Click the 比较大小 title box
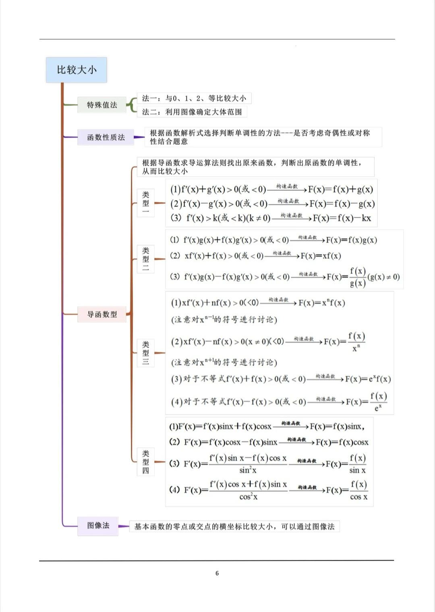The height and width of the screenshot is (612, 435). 77,70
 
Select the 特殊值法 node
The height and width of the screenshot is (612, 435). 102,105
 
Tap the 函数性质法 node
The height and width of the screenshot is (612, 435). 106,138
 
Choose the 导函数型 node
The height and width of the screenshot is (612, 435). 102,314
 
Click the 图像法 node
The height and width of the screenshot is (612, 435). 98,525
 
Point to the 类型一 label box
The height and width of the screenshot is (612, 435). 146,203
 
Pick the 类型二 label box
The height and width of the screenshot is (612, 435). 146,259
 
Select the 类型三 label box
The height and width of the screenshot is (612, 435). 146,353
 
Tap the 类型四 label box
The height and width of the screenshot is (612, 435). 146,462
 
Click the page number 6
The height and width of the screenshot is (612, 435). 217,573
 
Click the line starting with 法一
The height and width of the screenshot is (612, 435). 194,98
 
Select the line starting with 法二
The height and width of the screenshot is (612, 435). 192,112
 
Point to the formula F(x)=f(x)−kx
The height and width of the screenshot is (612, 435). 342,218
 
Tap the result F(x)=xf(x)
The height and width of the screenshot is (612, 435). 321,256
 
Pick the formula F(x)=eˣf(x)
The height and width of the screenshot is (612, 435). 368,379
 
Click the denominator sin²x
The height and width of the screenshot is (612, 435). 248,470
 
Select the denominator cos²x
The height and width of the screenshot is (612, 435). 248,497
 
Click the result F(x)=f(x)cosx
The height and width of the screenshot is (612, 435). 342,442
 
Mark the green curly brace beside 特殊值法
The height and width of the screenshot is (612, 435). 131,105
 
